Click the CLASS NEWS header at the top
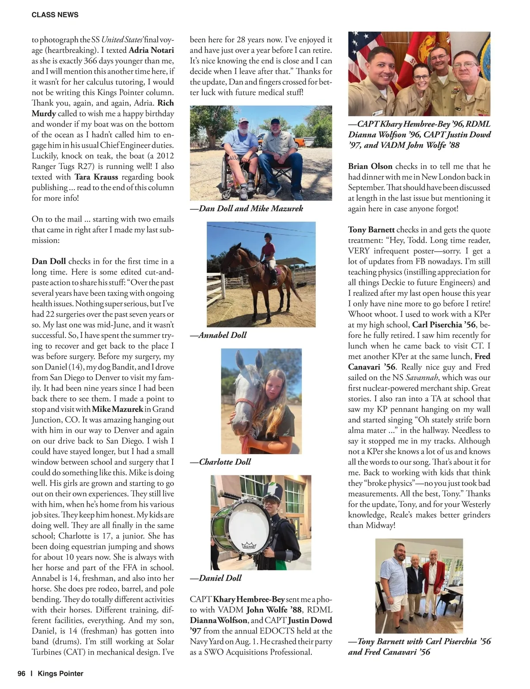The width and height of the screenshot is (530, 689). point(55,15)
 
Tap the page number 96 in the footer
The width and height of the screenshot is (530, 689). point(21,674)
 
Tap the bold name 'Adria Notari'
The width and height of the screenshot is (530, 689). point(151,50)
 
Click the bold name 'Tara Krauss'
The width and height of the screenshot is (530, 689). point(96,177)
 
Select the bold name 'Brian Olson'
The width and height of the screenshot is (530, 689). point(370,166)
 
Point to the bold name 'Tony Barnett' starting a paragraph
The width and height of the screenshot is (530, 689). point(371,230)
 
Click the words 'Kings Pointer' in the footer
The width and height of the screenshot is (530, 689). point(61,674)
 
